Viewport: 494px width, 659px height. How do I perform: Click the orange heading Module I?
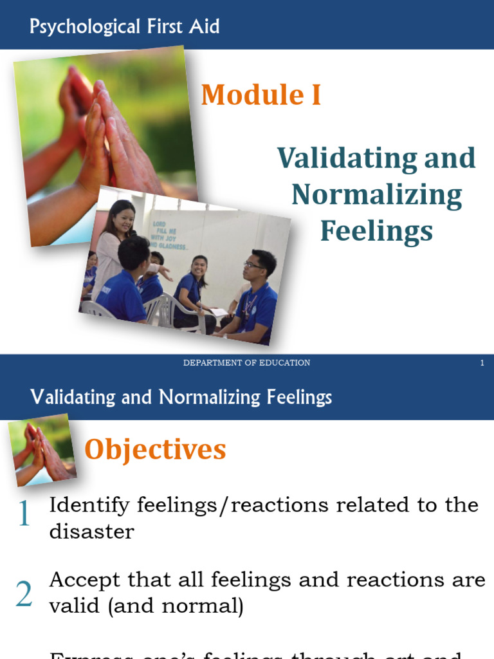tap(261, 95)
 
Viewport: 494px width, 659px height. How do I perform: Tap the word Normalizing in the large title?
tap(376, 194)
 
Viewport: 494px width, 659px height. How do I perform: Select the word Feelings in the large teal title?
tap(376, 230)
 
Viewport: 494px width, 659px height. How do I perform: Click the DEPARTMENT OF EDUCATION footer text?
tap(246, 363)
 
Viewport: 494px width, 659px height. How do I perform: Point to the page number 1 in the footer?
tap(482, 363)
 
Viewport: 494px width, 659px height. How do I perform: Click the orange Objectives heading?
tap(155, 449)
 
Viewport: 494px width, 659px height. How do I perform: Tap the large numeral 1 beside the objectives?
tap(24, 514)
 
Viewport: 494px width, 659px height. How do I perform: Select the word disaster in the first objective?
tap(91, 532)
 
